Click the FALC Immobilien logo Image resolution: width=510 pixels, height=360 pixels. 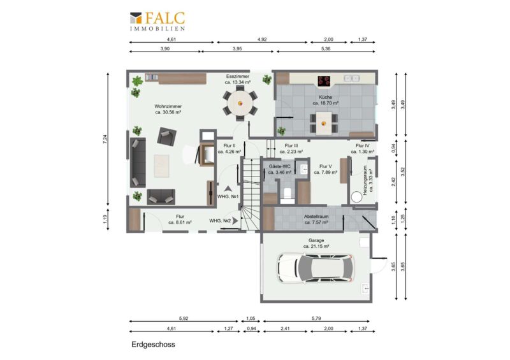tap(157, 21)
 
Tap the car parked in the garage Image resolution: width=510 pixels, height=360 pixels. tap(315, 268)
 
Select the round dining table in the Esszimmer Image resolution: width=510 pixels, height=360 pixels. tap(240, 103)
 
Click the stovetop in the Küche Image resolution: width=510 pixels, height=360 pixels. tap(324, 81)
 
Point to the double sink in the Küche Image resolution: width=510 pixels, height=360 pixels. tap(352, 78)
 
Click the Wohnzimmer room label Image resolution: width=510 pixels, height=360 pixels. tap(168, 109)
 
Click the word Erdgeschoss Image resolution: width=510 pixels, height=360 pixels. tap(153, 345)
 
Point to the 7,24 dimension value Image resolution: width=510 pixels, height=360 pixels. tap(105, 139)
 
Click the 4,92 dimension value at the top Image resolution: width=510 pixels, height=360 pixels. tap(262, 40)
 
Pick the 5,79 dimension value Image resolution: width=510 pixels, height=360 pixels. tap(316, 319)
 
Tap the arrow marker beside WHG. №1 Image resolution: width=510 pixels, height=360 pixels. tap(228, 189)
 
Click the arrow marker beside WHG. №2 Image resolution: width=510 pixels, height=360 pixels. tap(235, 220)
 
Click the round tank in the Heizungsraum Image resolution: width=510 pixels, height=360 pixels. tap(356, 197)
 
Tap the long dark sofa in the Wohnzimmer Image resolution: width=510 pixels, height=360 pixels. tap(138, 162)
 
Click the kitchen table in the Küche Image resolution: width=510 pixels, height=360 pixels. tap(324, 123)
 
